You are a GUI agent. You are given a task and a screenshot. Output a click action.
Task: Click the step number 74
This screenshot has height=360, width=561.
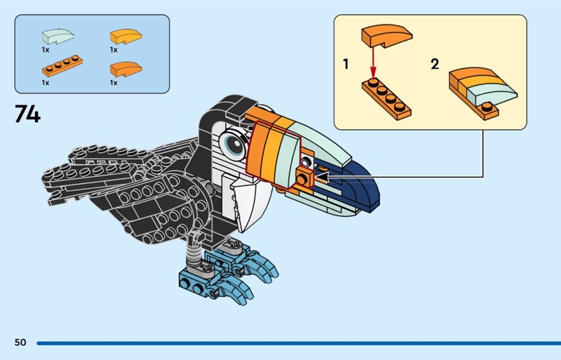click(x=27, y=114)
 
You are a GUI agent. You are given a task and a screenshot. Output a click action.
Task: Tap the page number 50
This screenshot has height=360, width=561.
click(x=20, y=342)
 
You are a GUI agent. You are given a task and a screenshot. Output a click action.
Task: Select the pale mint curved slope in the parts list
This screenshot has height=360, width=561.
click(x=58, y=36)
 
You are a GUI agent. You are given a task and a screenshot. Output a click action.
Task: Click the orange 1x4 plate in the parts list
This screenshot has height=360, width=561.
click(x=62, y=66)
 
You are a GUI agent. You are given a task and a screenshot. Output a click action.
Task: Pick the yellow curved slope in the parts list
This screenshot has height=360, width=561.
click(x=126, y=36)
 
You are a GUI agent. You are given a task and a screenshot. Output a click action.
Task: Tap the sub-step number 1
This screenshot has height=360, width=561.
click(x=346, y=65)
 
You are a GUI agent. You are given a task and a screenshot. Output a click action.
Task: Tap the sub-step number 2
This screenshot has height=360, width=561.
click(x=435, y=65)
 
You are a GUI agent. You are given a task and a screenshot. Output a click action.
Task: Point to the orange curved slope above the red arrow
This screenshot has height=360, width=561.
click(x=387, y=36)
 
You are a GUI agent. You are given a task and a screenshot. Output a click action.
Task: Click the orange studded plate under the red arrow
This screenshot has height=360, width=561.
click(x=386, y=99)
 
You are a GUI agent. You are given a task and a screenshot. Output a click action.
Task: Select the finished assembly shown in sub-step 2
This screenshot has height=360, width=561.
click(x=482, y=93)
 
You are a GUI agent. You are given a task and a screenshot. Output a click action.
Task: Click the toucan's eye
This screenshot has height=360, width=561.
click(x=234, y=144)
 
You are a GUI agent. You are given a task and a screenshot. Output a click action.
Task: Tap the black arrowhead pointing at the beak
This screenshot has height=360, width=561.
click(x=321, y=177)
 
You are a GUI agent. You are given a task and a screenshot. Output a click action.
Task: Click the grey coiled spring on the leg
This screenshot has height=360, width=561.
click(x=194, y=253)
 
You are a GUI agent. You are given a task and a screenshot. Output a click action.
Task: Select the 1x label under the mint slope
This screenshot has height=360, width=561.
click(x=46, y=50)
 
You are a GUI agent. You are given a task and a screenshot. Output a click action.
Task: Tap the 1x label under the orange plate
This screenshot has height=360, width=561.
click(x=46, y=83)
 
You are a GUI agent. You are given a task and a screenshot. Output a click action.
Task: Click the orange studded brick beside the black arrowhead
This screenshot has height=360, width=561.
click(x=304, y=178)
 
